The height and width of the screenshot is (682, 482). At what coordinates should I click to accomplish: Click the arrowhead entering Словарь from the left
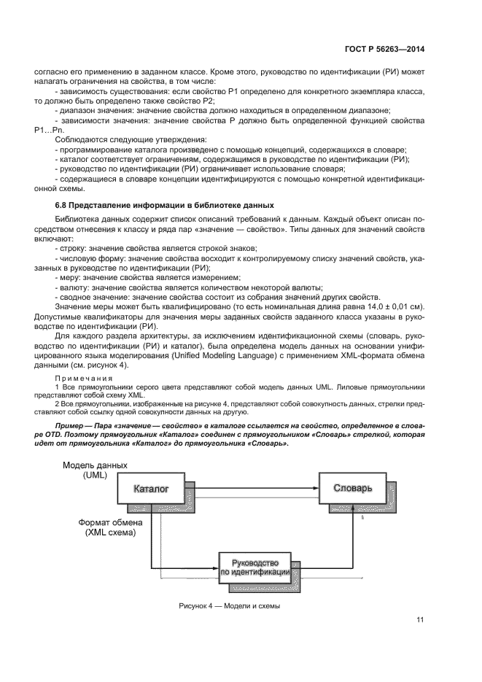tap(314, 487)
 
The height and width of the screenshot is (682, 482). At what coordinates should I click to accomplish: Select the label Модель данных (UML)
tap(95, 470)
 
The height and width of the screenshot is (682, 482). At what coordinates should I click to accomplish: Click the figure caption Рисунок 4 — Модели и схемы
tap(229, 606)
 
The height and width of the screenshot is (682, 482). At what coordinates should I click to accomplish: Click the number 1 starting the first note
tap(57, 387)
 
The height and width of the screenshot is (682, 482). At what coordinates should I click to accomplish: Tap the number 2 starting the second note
tap(57, 402)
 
